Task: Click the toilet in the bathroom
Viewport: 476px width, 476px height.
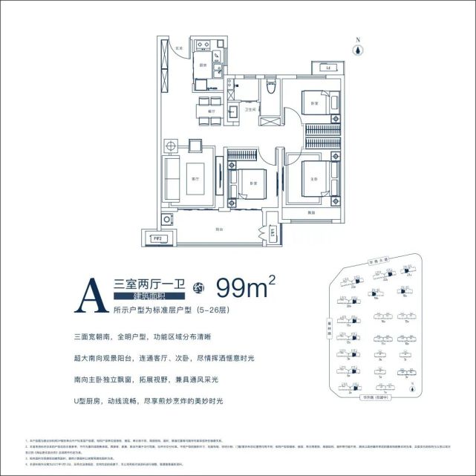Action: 272,90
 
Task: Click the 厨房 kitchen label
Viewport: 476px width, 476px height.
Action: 201,65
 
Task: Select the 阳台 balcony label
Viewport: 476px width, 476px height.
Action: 220,229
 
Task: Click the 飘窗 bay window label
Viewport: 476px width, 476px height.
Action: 307,214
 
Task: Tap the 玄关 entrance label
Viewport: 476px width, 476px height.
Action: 178,49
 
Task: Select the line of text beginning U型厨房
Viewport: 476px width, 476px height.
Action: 149,401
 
